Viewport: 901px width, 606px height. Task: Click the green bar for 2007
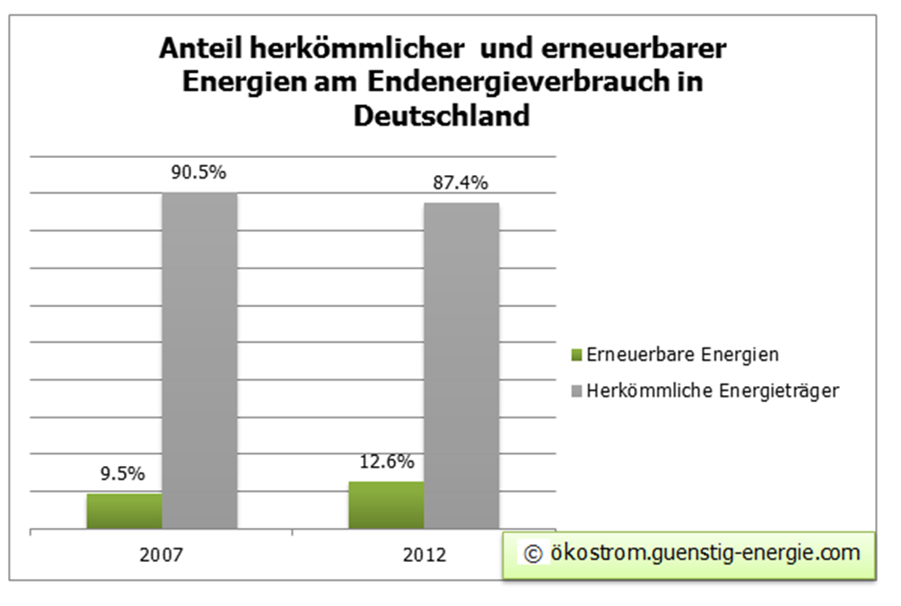[x=124, y=511]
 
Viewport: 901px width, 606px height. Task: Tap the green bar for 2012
[x=386, y=505]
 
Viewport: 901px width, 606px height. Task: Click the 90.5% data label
[x=199, y=174]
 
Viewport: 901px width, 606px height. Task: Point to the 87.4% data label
[x=461, y=183]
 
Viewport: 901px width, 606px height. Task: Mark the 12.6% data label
[x=387, y=462]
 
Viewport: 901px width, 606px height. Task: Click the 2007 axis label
[x=162, y=554]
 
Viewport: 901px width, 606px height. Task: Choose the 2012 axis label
[x=424, y=554]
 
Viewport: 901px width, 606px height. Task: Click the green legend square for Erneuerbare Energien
[x=577, y=356]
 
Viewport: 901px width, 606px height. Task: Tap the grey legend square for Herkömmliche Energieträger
[x=577, y=391]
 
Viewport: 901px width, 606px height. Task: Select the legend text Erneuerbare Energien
[x=682, y=355]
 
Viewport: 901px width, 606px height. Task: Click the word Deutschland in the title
[x=442, y=116]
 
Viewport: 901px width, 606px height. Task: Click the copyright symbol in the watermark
[x=532, y=554]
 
